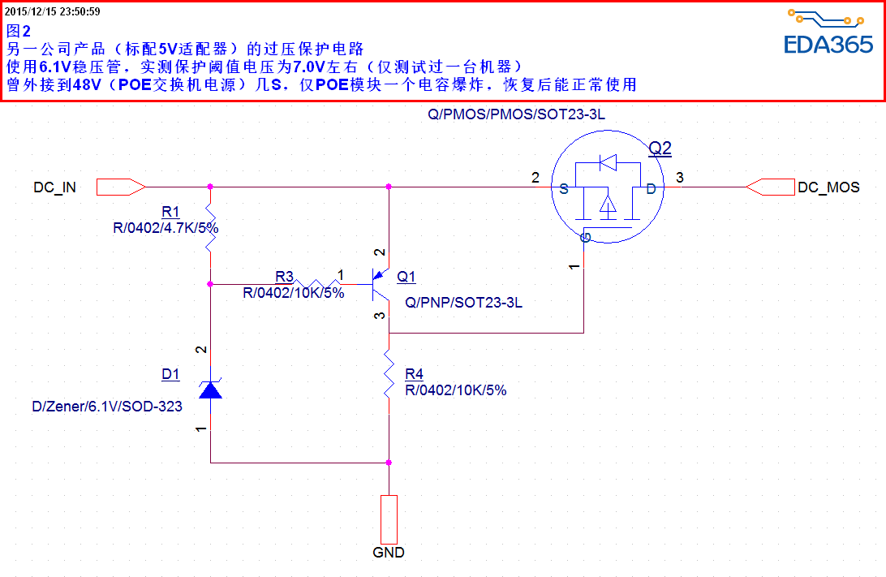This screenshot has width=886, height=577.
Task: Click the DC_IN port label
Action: [x=55, y=187]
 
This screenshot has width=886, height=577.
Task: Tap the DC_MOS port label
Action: [x=828, y=187]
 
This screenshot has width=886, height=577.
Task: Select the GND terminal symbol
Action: [x=389, y=519]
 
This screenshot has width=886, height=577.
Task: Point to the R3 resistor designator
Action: [x=284, y=277]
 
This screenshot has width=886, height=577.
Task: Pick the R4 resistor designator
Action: [x=414, y=374]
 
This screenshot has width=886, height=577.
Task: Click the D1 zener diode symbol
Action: [x=211, y=390]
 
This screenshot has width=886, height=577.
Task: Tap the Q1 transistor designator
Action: [x=406, y=278]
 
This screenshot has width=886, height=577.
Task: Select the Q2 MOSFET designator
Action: [x=660, y=148]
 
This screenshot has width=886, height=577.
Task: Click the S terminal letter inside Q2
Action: [x=563, y=188]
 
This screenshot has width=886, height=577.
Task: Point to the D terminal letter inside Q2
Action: [x=651, y=188]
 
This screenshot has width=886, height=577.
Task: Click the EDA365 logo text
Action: [x=828, y=45]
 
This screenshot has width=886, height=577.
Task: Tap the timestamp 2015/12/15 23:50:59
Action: [x=53, y=11]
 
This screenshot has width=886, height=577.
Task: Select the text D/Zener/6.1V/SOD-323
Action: [x=107, y=407]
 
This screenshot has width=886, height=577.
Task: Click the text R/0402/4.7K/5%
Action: [x=166, y=228]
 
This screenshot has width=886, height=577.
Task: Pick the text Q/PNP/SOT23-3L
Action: [x=463, y=303]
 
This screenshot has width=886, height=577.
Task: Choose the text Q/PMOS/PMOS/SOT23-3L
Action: [x=516, y=115]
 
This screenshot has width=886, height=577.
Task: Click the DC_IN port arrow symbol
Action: [x=121, y=187]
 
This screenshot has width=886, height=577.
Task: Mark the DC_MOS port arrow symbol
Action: [x=770, y=187]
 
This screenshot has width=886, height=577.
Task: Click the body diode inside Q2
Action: [x=607, y=163]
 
